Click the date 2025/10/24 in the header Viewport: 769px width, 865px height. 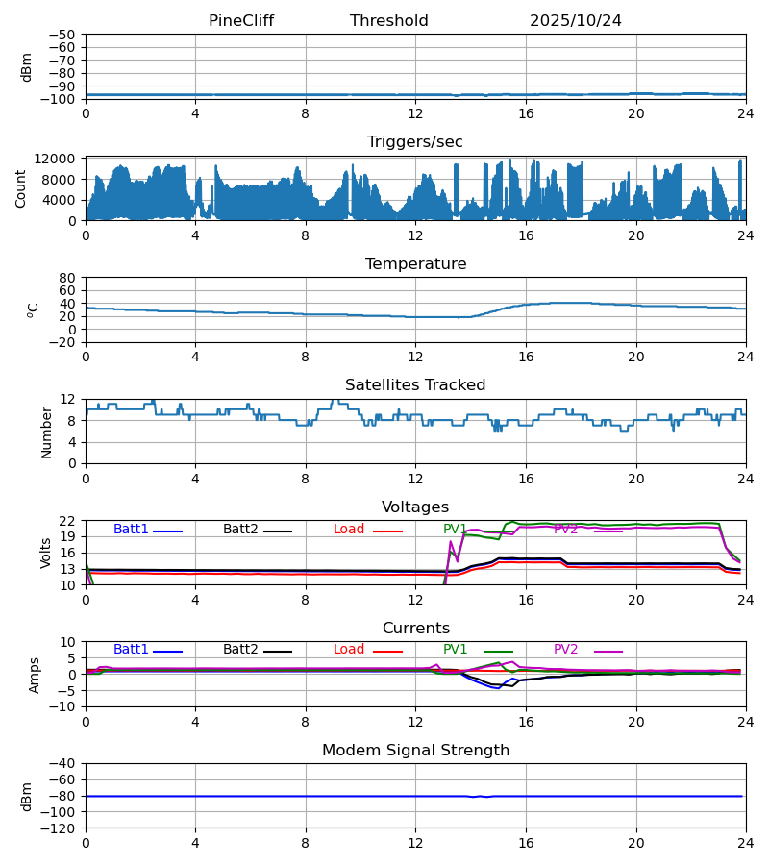click(576, 21)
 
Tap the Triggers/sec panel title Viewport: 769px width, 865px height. click(415, 142)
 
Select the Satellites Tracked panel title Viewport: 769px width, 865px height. click(415, 385)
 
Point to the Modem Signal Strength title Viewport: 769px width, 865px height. click(415, 751)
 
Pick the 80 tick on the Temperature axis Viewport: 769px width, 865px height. click(68, 278)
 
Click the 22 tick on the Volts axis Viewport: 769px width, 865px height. click(68, 521)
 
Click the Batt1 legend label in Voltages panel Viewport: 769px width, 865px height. click(131, 530)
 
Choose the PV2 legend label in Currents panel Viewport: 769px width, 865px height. click(566, 650)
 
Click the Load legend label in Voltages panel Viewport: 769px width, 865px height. click(349, 530)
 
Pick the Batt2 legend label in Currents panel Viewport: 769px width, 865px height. click(240, 650)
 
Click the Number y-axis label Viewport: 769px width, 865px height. click(46, 432)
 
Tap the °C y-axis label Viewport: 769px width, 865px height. click(33, 309)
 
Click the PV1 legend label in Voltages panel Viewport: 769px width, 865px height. click(455, 530)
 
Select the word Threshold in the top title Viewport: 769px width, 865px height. click(389, 21)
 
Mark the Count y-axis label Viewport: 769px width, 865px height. click(21, 188)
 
